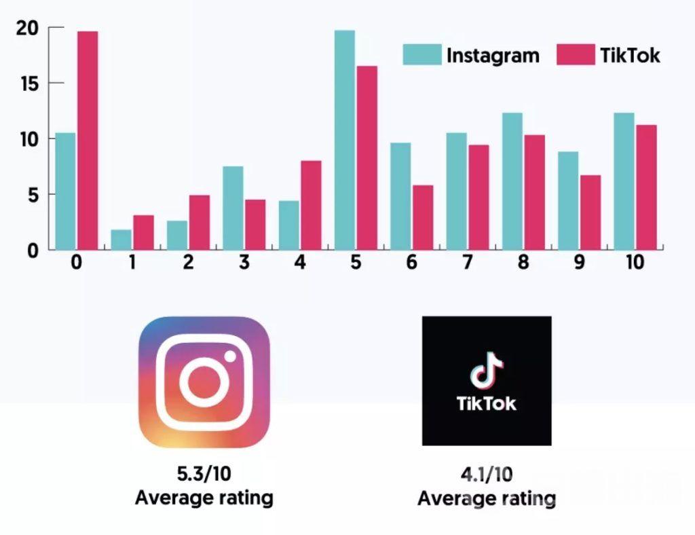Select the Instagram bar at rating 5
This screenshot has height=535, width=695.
(344, 140)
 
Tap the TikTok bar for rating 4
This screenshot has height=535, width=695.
(310, 205)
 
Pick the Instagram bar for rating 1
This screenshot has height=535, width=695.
(121, 240)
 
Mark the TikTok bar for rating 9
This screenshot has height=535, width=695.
(590, 213)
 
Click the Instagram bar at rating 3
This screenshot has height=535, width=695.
(233, 208)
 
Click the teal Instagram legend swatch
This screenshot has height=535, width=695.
(421, 55)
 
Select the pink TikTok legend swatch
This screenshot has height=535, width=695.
(576, 55)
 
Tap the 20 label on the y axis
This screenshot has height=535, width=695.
(29, 29)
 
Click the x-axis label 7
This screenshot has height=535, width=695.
(466, 263)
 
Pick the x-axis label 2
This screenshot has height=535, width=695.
(188, 263)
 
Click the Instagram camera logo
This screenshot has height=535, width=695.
(204, 381)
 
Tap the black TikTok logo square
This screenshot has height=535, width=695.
(486, 381)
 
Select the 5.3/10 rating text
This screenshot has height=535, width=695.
(204, 473)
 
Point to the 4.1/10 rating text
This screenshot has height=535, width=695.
(486, 475)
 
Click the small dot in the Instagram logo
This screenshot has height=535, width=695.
(230, 356)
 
